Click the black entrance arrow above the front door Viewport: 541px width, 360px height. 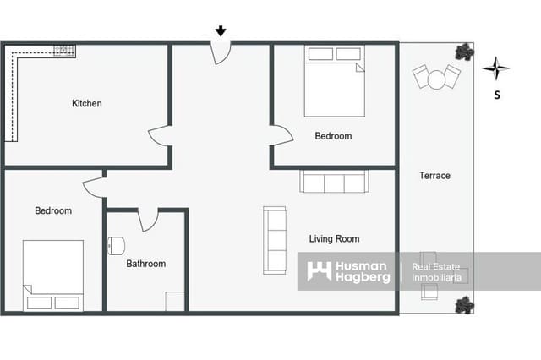pyautogui.click(x=221, y=31)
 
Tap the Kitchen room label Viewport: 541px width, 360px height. pyautogui.click(x=86, y=104)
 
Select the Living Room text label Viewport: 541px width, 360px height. pyautogui.click(x=334, y=239)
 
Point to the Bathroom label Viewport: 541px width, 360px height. pyautogui.click(x=146, y=264)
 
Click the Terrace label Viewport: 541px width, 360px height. pyautogui.click(x=434, y=176)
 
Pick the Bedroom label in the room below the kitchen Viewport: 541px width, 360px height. pyautogui.click(x=53, y=210)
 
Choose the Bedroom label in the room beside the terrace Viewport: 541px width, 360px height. pyautogui.click(x=333, y=136)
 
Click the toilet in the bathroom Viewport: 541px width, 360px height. pyautogui.click(x=116, y=245)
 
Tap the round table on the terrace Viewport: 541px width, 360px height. pyautogui.click(x=436, y=79)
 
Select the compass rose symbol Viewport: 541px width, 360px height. pyautogui.click(x=496, y=68)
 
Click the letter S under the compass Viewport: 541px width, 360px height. pyautogui.click(x=496, y=95)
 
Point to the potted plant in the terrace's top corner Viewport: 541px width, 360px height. pyautogui.click(x=463, y=52)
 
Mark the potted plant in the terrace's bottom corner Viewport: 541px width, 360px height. pyautogui.click(x=463, y=304)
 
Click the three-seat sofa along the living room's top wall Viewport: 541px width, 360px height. pyautogui.click(x=333, y=181)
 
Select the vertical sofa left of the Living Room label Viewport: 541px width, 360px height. pyautogui.click(x=275, y=240)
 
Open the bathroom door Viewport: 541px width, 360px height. pyautogui.click(x=149, y=221)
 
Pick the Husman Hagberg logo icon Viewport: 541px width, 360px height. pyautogui.click(x=319, y=271)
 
